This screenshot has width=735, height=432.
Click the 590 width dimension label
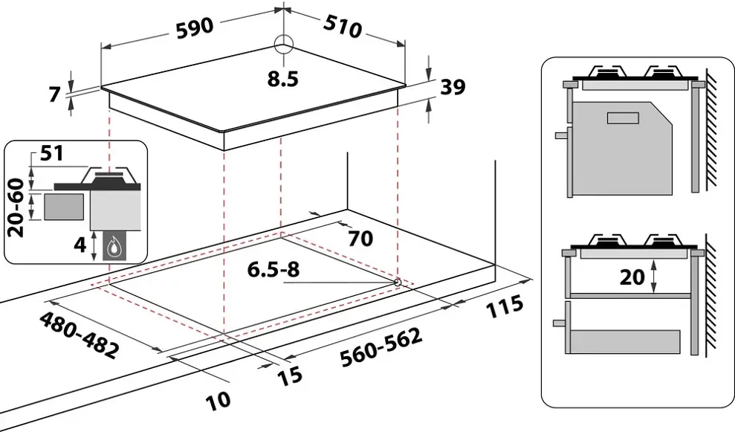click(x=195, y=27)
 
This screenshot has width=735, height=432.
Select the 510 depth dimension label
click(x=342, y=26)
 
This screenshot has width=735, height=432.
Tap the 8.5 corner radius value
click(x=283, y=78)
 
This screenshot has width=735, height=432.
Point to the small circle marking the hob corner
click(x=284, y=45)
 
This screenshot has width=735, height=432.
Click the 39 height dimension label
click(x=452, y=87)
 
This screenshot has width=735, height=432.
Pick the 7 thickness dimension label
click(x=53, y=94)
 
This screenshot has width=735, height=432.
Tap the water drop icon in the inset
click(x=114, y=246)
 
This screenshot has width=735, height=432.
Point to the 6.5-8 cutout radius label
click(x=274, y=270)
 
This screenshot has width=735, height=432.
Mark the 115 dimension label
click(x=502, y=307)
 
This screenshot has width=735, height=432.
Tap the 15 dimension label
click(x=291, y=375)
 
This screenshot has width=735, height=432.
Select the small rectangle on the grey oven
click(x=623, y=117)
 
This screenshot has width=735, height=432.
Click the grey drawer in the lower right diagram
click(x=624, y=341)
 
